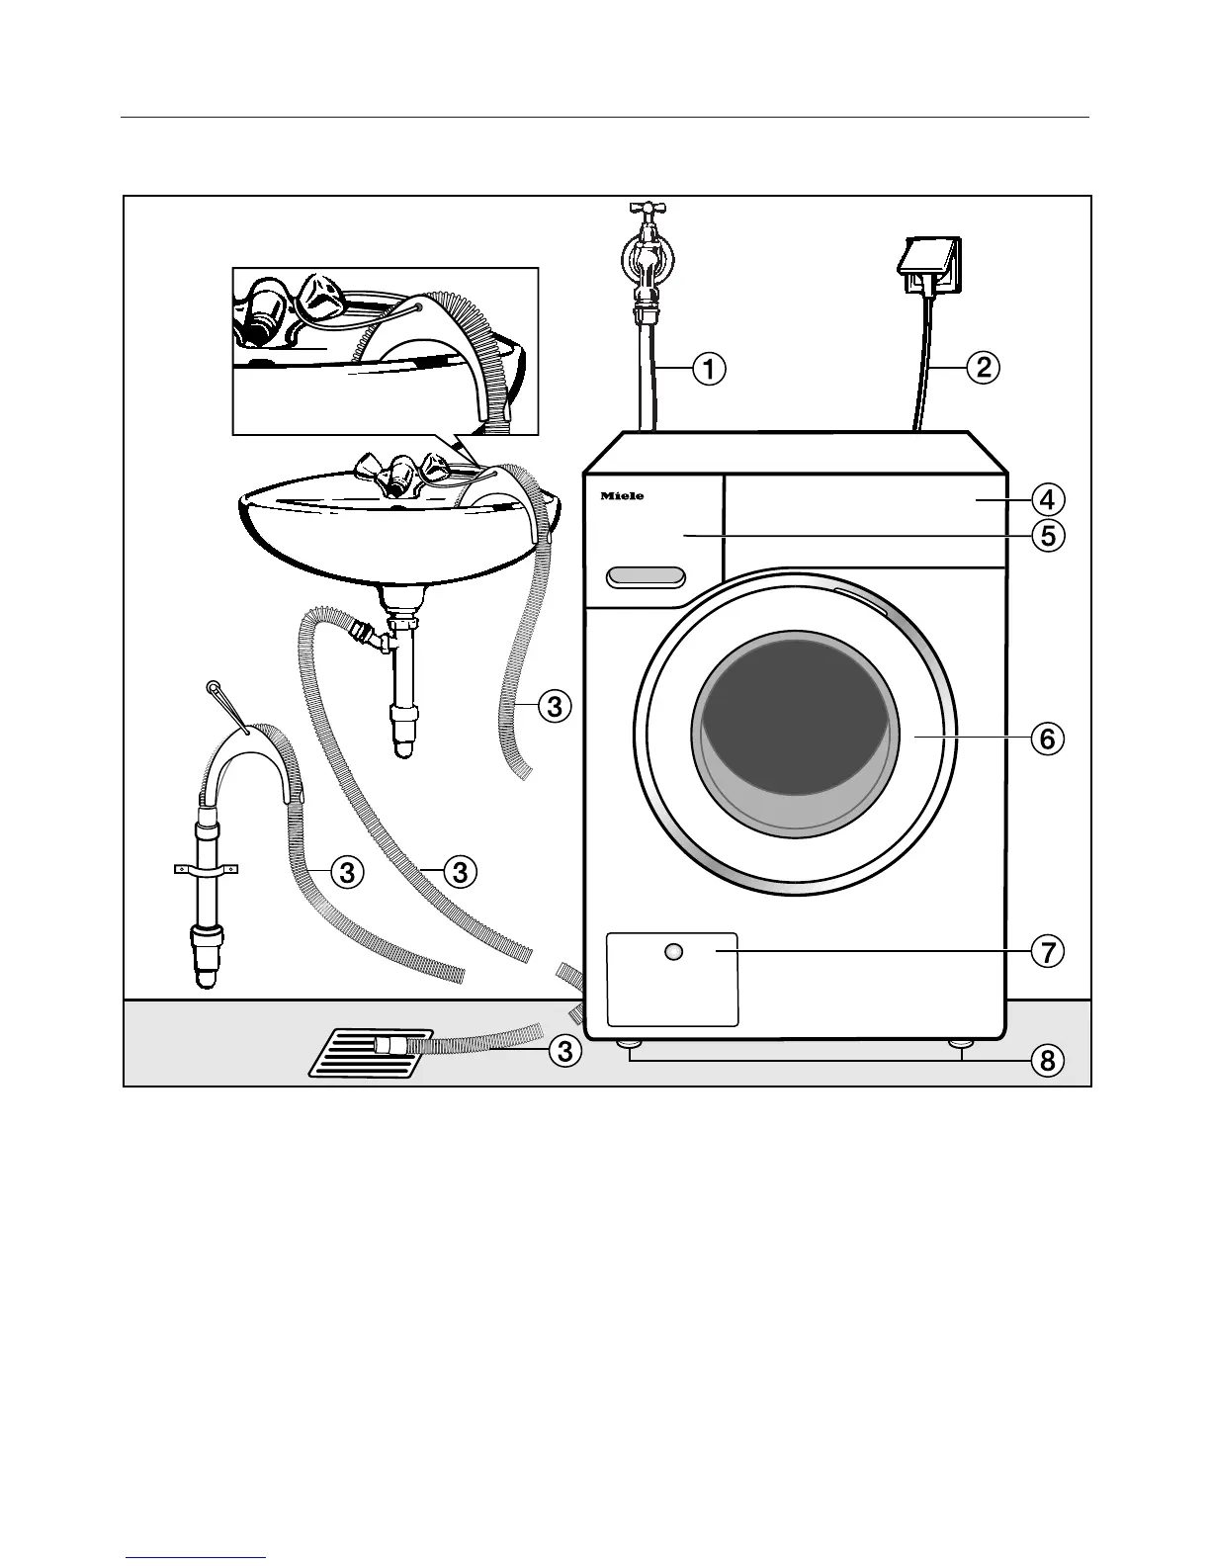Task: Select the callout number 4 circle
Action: coord(1047,495)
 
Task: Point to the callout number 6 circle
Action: coord(1047,738)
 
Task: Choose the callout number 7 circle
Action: coord(1047,952)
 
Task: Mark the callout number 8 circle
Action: coord(1047,1061)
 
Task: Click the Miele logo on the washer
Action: coord(622,496)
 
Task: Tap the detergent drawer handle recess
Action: coord(647,576)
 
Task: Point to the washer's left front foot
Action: coord(627,1044)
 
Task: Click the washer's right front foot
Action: coord(958,1044)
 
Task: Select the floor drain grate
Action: coord(370,1054)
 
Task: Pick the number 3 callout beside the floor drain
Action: coord(563,1051)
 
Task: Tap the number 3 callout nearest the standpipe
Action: coord(345,872)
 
